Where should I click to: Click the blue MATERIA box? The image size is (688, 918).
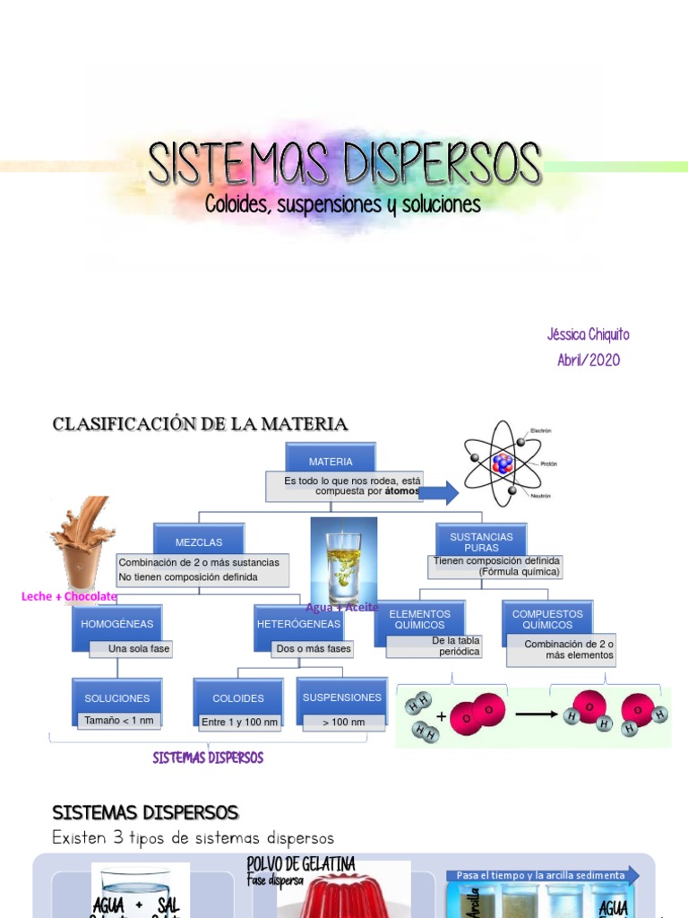[x=331, y=460]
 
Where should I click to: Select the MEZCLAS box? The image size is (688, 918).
[x=198, y=541]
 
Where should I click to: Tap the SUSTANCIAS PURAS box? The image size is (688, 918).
[x=481, y=541]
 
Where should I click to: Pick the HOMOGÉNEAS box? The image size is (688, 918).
[x=116, y=624]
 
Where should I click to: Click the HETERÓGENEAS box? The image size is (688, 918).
[x=298, y=624]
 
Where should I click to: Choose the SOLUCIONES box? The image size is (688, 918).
[x=116, y=697]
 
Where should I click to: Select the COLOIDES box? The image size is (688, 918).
[x=237, y=697]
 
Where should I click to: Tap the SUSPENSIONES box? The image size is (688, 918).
[x=341, y=697]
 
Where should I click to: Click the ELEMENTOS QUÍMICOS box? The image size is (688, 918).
[x=419, y=619]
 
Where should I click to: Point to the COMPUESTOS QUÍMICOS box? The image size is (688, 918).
[x=546, y=619]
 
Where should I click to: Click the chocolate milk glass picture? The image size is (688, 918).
[x=82, y=543]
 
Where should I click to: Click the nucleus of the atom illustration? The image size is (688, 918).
[x=503, y=463]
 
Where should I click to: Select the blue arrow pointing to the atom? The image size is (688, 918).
[x=439, y=492]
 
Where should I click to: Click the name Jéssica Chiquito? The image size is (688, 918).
[x=588, y=334]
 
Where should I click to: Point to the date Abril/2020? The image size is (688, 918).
[x=588, y=360]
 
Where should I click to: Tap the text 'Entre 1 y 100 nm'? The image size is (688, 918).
[x=239, y=722]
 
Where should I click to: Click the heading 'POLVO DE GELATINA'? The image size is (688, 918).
[x=301, y=864]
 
